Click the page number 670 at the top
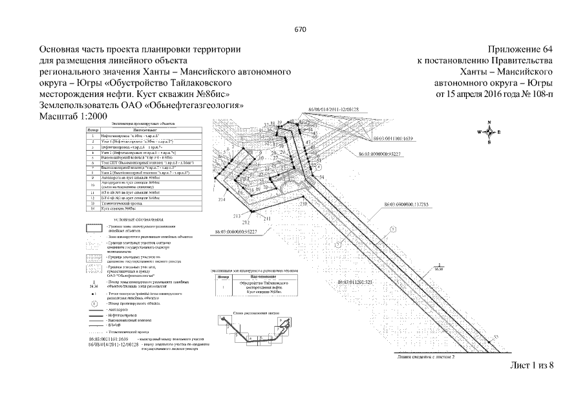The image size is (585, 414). coord(299,30)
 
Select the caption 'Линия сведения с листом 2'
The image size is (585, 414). coord(422,356)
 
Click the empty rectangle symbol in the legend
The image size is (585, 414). coord(94,228)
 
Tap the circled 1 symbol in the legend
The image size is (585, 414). coord(94,303)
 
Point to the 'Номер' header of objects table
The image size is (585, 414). coord(93,130)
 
